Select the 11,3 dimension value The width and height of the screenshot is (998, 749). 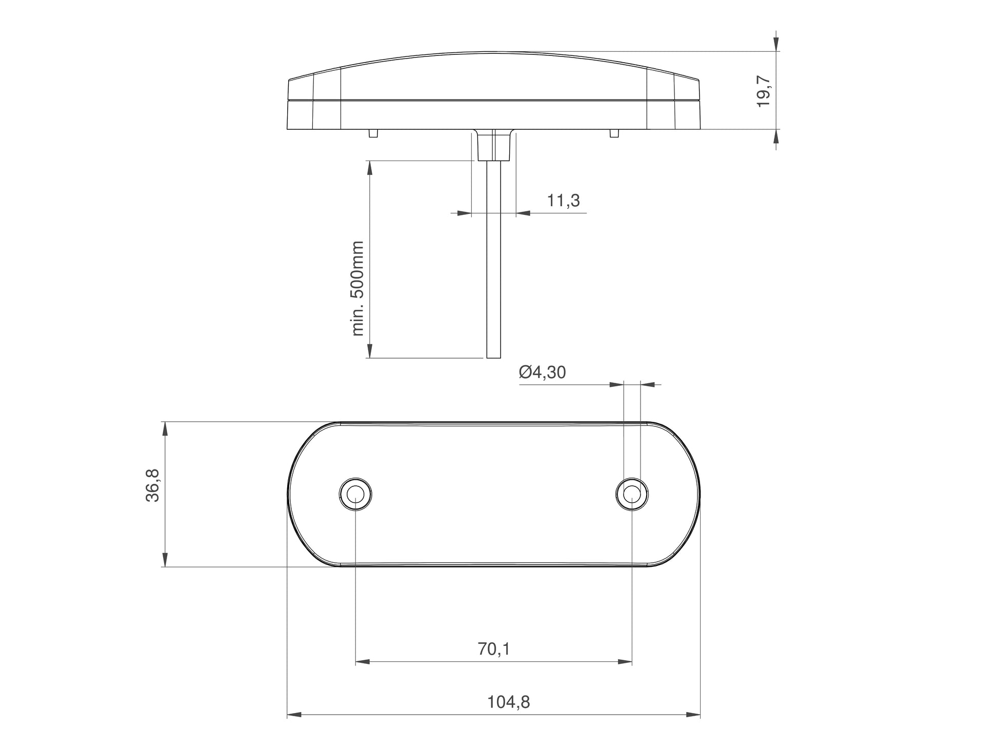pyautogui.click(x=563, y=201)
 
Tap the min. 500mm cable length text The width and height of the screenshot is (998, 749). pyautogui.click(x=357, y=288)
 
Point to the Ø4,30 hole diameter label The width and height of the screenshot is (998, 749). pyautogui.click(x=542, y=372)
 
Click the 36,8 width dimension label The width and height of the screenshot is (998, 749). pyautogui.click(x=153, y=485)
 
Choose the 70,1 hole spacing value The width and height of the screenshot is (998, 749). pyautogui.click(x=493, y=649)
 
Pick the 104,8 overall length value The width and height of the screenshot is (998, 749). pyautogui.click(x=508, y=702)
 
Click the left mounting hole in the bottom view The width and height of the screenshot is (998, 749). pyautogui.click(x=355, y=494)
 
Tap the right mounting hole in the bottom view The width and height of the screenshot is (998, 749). pyautogui.click(x=631, y=494)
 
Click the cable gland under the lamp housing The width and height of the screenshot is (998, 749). pyautogui.click(x=493, y=145)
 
